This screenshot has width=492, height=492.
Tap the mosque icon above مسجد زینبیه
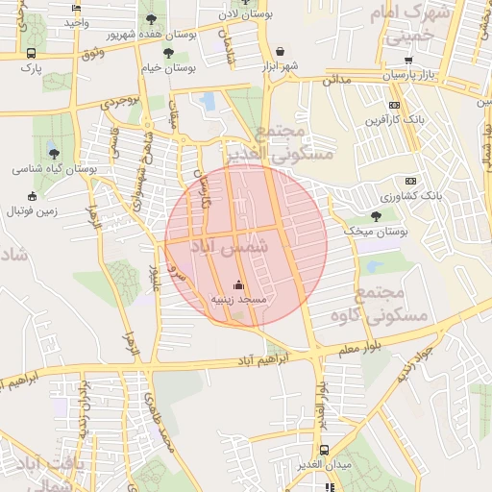coord(238,285)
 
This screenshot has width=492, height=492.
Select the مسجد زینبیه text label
coord(238,301)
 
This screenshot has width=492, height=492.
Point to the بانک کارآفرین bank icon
coord(394,105)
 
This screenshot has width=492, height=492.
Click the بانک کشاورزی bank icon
coord(411,181)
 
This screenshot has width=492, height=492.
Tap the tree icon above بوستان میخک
coord(375,216)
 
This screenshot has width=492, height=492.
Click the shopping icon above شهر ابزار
coord(279,52)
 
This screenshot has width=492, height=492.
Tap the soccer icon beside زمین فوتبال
coord(14,210)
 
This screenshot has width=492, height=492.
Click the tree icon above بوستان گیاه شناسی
coord(53,152)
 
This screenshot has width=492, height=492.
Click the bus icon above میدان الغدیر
coord(325,450)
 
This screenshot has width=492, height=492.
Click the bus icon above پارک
coord(32,54)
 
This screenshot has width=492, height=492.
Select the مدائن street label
coord(335,83)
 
